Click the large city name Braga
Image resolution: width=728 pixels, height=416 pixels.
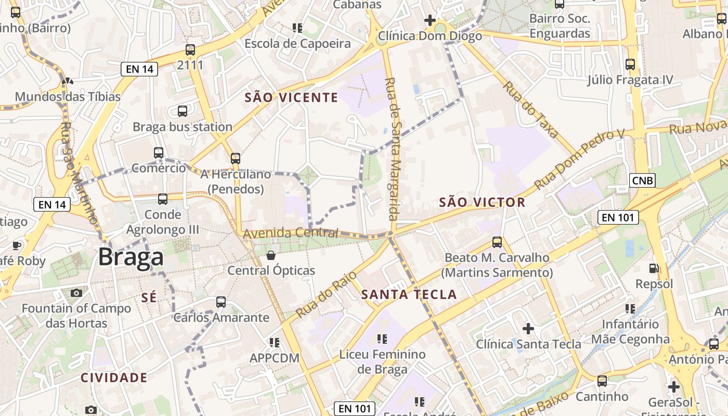[x=131, y=257]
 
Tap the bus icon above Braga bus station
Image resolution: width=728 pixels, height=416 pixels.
[x=183, y=111]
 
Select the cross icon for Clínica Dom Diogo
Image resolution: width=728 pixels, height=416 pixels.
[x=430, y=20]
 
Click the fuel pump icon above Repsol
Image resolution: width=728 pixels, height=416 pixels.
[x=654, y=268]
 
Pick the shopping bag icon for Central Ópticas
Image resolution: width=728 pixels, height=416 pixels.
[x=271, y=255]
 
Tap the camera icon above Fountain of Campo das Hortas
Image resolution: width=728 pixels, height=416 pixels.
[x=76, y=293]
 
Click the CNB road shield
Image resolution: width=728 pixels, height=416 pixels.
[x=642, y=180]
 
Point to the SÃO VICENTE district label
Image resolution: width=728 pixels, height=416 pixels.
[x=291, y=98]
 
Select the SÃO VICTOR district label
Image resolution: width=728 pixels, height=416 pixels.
[x=482, y=202]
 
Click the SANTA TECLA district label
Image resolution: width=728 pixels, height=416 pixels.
[x=409, y=295]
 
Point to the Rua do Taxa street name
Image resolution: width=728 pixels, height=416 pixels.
[x=531, y=110]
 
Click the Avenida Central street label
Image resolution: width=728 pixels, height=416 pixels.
[x=291, y=233]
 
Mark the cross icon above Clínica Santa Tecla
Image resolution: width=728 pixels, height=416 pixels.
[x=528, y=329]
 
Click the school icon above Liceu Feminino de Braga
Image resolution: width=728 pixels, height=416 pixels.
[x=382, y=339]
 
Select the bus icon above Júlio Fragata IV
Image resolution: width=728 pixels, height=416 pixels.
[x=630, y=64]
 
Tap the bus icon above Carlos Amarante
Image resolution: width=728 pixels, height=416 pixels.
[x=221, y=302]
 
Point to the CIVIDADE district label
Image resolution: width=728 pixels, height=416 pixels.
[x=114, y=378]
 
